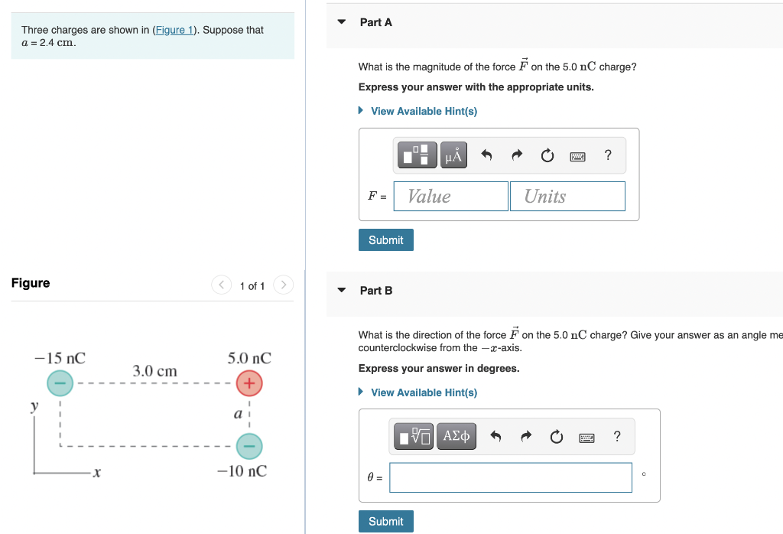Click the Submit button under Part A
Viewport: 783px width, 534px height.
click(385, 240)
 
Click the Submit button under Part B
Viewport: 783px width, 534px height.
click(385, 522)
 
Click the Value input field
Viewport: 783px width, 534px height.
click(451, 197)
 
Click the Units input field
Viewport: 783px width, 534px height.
click(567, 197)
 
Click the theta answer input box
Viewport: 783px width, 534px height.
click(511, 477)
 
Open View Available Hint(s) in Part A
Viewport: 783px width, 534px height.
click(423, 112)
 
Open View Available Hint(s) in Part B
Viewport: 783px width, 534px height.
click(423, 393)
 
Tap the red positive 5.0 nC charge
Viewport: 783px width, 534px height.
click(249, 383)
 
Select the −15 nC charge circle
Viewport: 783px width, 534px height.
click(60, 383)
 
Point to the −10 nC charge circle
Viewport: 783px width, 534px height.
click(249, 445)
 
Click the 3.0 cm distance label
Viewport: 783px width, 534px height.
click(154, 371)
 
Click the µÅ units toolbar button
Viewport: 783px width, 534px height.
click(453, 156)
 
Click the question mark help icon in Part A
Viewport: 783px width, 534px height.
click(608, 156)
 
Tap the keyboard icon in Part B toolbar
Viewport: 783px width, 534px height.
click(586, 438)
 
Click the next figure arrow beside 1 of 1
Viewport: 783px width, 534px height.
click(283, 286)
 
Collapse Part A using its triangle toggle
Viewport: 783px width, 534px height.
click(342, 22)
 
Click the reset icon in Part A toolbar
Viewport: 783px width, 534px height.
click(547, 156)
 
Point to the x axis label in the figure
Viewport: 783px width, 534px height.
click(95, 473)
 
